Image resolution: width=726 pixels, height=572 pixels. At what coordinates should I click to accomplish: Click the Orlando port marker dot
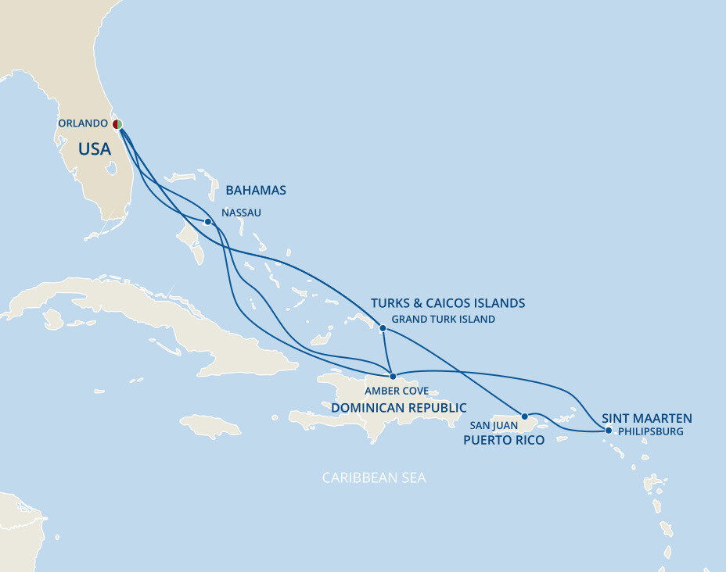117,124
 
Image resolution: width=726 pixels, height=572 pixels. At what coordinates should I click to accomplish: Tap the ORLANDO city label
82,123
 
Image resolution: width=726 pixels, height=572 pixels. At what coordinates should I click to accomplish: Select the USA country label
95,148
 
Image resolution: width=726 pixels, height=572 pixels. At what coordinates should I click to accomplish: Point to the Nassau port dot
207,222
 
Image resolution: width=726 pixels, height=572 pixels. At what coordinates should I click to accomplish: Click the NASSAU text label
241,212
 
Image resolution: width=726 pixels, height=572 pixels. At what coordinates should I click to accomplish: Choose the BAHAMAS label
256,190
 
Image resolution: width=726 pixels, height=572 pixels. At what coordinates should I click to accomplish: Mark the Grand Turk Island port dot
383,328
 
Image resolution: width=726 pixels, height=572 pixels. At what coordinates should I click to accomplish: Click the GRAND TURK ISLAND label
443,319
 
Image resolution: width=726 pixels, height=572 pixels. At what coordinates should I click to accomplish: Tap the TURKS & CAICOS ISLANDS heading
447,302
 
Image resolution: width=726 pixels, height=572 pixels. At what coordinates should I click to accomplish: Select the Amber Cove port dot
393,376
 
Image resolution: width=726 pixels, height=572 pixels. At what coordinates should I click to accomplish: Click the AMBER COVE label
397,391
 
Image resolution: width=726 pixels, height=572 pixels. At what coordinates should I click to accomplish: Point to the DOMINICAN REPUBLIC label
398,408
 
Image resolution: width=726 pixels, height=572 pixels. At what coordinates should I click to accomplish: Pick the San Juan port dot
525,416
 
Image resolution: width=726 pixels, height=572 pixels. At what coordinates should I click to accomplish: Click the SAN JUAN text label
494,425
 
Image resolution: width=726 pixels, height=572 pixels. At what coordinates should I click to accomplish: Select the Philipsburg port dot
609,430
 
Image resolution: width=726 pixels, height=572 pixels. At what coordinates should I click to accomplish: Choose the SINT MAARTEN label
646,417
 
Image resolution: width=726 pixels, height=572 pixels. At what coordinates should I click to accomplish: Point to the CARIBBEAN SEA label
375,477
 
